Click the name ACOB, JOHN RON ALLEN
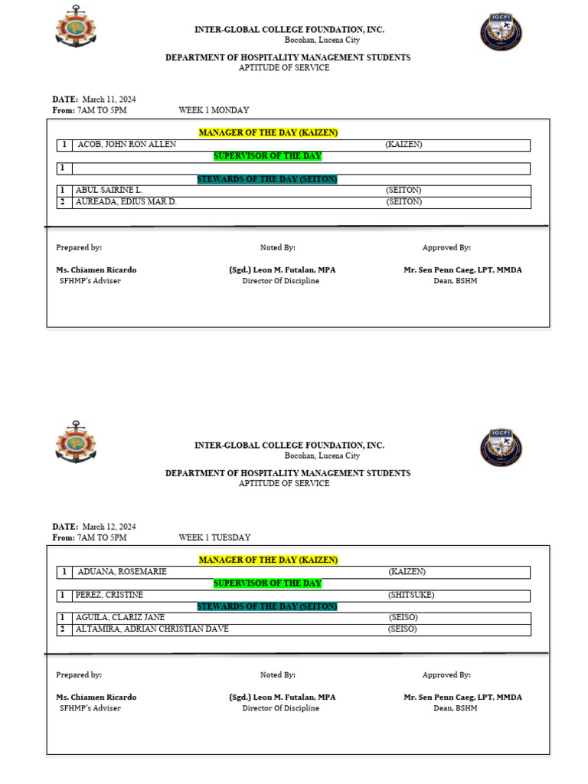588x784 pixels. (x=126, y=145)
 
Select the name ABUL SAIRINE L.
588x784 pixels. (x=109, y=190)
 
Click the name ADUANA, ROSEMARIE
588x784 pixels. (x=122, y=572)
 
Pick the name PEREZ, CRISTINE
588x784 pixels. (x=109, y=595)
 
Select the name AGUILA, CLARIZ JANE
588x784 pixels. (x=120, y=617)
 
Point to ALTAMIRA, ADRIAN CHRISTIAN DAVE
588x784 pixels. (x=152, y=629)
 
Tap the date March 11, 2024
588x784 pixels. (x=109, y=100)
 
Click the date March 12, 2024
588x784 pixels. (x=109, y=527)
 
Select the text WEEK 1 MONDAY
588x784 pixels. (x=214, y=110)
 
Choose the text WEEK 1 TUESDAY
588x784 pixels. (x=214, y=537)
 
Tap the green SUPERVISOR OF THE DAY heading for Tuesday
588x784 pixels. (x=267, y=583)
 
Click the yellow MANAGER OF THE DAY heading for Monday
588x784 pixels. (x=268, y=133)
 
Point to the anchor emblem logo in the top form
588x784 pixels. (x=76, y=25)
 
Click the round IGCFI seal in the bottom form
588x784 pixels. (x=501, y=448)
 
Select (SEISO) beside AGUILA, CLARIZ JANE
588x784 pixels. (x=403, y=617)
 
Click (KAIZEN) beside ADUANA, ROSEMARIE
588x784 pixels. (x=407, y=572)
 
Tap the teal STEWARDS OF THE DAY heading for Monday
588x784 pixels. (x=267, y=179)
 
